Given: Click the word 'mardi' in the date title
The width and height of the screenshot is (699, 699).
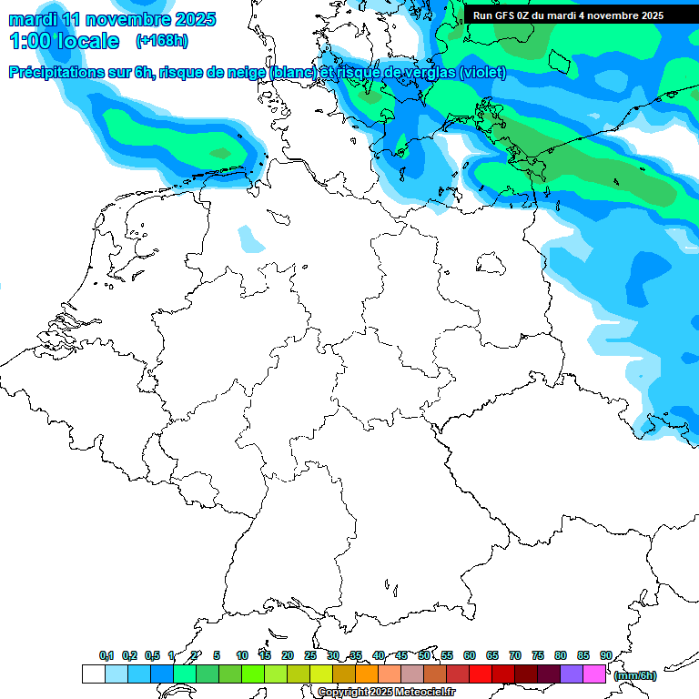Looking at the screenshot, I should (30, 19).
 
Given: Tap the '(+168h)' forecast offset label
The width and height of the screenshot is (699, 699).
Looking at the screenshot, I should (162, 41).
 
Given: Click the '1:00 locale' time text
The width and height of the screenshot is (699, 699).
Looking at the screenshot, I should (64, 41).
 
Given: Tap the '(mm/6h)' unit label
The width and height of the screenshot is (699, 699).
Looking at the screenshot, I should (634, 675).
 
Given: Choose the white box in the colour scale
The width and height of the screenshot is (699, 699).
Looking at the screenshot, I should (93, 674).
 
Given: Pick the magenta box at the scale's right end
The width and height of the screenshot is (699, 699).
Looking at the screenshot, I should (594, 674).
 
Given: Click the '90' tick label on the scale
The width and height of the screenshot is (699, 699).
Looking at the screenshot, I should (605, 655).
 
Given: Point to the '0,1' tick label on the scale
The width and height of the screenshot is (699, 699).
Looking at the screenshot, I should (106, 655).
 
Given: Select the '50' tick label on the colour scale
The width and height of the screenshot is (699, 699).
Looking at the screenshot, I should (424, 655).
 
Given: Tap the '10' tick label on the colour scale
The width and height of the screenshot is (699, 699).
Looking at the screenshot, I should (242, 655).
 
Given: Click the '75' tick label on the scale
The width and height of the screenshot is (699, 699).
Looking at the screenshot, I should (537, 655).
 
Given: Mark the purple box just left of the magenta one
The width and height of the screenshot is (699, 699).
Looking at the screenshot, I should (572, 674).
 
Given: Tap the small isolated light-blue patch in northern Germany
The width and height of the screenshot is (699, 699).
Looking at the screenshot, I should (250, 239).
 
